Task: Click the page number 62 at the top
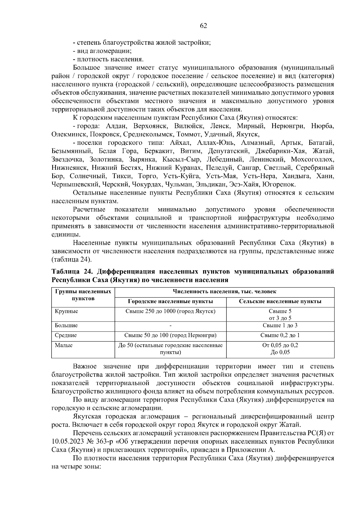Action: (x=203, y=26)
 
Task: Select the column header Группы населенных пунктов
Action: (x=83, y=295)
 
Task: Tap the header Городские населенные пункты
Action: (x=170, y=301)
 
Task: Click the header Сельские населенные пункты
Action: (x=280, y=301)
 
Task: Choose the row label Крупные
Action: (x=66, y=311)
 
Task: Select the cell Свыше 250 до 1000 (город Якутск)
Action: (x=170, y=311)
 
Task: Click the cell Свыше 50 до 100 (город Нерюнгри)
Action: (x=170, y=335)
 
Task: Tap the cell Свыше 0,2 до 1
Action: (x=280, y=335)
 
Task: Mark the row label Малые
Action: (x=64, y=345)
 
